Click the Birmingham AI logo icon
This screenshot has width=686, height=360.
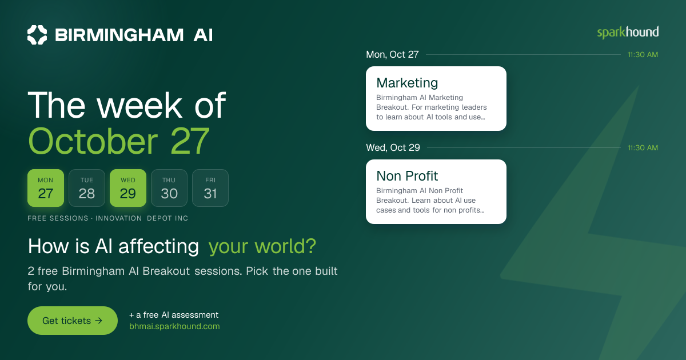(37, 35)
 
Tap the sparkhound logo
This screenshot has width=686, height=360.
(628, 32)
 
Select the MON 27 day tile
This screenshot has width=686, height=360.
(46, 188)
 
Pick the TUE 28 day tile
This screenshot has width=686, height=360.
(87, 188)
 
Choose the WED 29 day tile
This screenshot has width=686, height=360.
(128, 188)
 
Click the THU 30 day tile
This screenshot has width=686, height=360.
(169, 188)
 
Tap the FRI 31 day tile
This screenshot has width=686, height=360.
(210, 188)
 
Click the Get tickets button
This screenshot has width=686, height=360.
(73, 321)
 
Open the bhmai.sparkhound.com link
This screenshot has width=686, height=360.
(174, 326)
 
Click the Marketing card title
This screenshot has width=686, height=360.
(407, 83)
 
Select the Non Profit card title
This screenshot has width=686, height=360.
(407, 176)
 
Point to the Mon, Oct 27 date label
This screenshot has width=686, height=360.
(392, 54)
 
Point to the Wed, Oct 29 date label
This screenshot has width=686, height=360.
(393, 147)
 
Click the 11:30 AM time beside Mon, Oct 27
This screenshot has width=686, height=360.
(643, 55)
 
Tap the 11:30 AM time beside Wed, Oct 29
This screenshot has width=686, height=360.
(643, 148)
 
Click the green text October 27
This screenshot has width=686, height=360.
(119, 142)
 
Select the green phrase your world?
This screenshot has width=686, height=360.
(262, 246)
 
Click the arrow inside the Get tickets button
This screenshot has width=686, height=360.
(98, 321)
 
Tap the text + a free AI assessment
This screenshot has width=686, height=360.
(174, 315)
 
